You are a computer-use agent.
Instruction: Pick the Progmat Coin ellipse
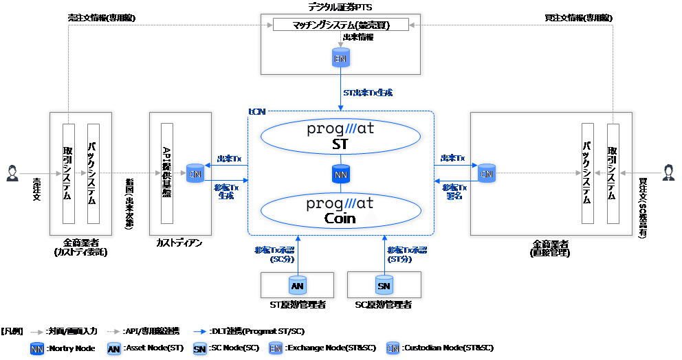(340, 211)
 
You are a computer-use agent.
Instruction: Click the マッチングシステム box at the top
(340, 25)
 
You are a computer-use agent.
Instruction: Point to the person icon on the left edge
(12, 174)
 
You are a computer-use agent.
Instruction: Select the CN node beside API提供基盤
(196, 174)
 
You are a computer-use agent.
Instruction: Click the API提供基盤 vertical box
(166, 173)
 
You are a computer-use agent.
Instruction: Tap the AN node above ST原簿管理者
(297, 285)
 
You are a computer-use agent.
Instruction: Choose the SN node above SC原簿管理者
(384, 285)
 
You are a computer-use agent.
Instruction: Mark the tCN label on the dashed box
(255, 110)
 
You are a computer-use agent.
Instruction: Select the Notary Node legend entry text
(73, 348)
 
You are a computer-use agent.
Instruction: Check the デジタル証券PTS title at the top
(340, 6)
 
